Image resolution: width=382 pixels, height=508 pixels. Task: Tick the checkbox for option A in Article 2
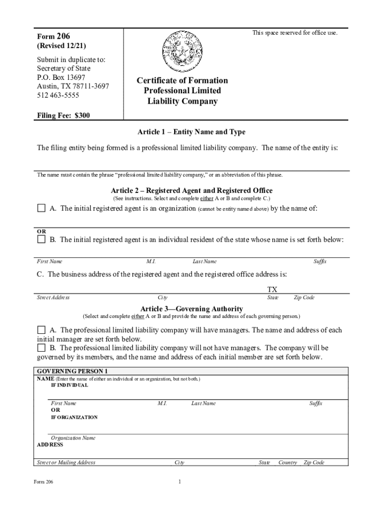(x=41, y=208)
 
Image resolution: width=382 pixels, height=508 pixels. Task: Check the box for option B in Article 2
(x=41, y=240)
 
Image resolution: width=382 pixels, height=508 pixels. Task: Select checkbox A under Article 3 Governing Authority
(x=41, y=330)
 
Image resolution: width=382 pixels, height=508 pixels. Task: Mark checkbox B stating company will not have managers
(x=41, y=348)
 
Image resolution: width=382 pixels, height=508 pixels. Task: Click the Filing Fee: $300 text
(x=64, y=116)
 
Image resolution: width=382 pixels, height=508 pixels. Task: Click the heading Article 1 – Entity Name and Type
(x=191, y=132)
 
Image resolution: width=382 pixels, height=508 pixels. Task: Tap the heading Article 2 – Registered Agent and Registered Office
(x=191, y=190)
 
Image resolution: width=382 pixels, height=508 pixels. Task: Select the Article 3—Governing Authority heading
(x=191, y=309)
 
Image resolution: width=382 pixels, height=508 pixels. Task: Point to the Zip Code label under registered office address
(x=304, y=298)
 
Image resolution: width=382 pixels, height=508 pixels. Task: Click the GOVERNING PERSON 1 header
(x=72, y=371)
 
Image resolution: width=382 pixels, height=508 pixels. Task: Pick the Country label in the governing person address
(x=287, y=462)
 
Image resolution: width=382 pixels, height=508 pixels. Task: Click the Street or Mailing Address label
(x=66, y=462)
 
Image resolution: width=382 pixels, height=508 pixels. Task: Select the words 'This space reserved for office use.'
(x=295, y=33)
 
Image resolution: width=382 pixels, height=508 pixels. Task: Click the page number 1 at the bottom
(x=179, y=482)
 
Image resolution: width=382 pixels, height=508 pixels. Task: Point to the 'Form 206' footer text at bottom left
(x=43, y=482)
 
